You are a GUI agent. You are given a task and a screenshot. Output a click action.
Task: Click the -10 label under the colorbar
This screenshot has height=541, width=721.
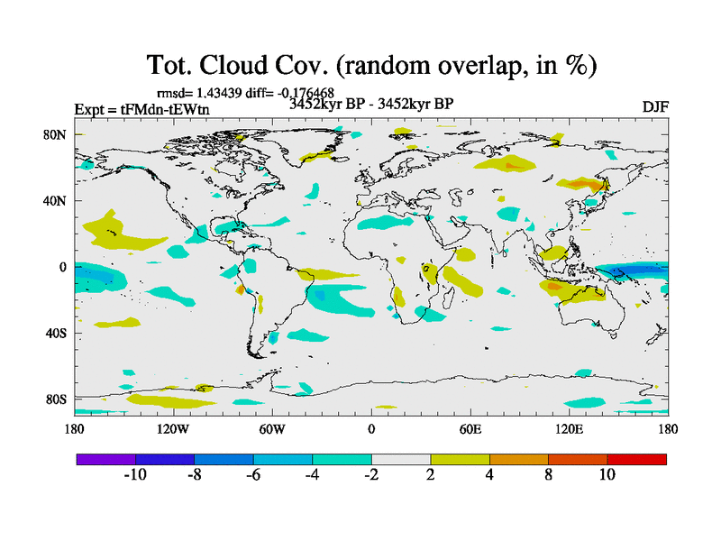click(134, 475)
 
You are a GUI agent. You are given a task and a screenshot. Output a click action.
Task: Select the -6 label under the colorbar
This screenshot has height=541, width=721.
click(252, 475)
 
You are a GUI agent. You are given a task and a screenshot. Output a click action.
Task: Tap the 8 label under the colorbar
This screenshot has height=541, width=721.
click(548, 475)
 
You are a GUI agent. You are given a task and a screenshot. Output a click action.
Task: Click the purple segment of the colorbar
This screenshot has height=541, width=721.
click(106, 459)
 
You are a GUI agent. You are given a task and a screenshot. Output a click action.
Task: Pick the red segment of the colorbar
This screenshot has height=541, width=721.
click(637, 459)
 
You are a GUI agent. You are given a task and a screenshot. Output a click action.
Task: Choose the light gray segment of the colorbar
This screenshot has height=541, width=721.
click(401, 459)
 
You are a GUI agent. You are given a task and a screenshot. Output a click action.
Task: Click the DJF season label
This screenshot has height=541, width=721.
click(655, 107)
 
